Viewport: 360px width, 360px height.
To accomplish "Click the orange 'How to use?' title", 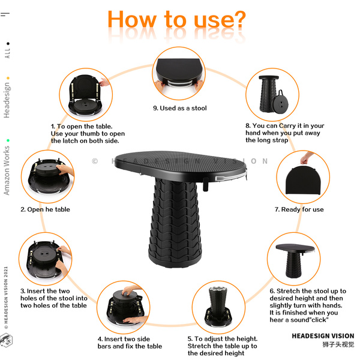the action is click(176, 20).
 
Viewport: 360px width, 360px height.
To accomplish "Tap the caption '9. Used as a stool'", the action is click(180, 108).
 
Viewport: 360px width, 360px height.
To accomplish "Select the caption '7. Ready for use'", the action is click(299, 209).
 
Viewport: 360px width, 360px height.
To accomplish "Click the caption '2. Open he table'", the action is click(45, 209).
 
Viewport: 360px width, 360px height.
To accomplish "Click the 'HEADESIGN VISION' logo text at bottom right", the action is click(323, 336).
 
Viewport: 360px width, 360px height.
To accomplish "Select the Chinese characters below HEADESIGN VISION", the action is click(338, 344).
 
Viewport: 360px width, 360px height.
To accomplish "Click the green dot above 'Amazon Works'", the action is click(8, 140).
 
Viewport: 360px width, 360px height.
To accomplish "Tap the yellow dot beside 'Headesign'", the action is click(8, 78).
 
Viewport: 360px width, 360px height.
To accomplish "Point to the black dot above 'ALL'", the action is click(8, 43).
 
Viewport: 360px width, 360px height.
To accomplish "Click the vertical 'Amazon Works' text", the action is click(7, 170).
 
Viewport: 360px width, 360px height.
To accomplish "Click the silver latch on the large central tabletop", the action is click(230, 177).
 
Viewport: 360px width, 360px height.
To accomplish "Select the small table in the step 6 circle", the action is click(295, 260).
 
